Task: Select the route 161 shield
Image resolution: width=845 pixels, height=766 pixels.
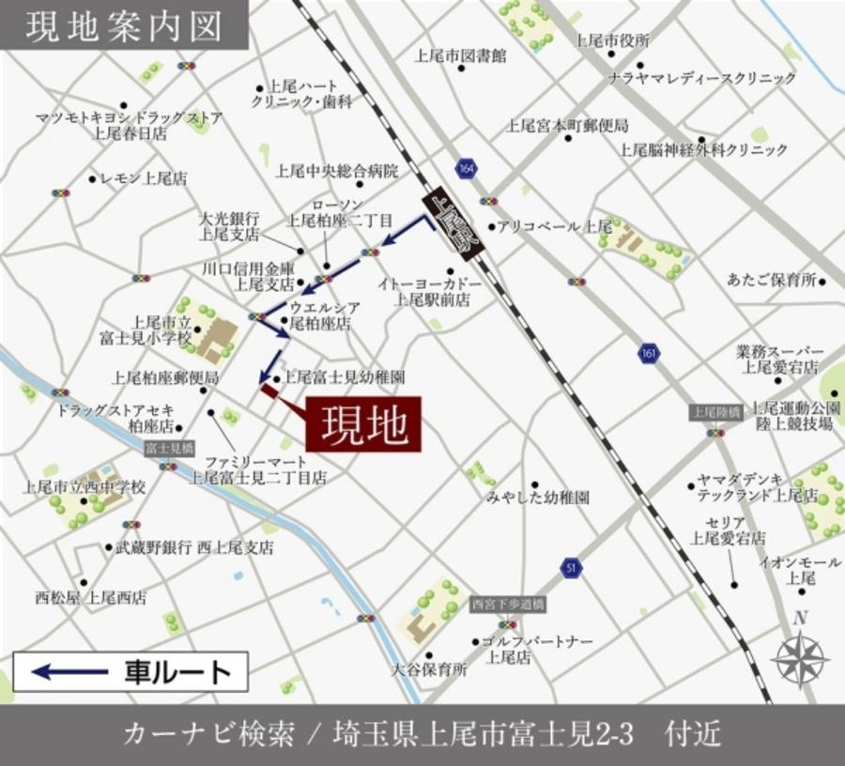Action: (x=647, y=353)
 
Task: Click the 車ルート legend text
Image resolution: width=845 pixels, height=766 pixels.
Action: (x=177, y=672)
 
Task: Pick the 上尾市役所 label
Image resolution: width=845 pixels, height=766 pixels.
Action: (x=612, y=40)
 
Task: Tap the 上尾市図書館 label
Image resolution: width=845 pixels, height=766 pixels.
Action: (x=460, y=55)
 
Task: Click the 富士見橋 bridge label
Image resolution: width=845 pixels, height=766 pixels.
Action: (x=169, y=449)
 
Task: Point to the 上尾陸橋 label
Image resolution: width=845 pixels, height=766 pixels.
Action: (x=715, y=412)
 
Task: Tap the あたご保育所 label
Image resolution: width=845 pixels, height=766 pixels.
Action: (x=771, y=280)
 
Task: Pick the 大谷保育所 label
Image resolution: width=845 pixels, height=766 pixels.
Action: (x=429, y=670)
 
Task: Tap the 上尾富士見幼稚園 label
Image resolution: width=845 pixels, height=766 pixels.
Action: (x=344, y=376)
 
